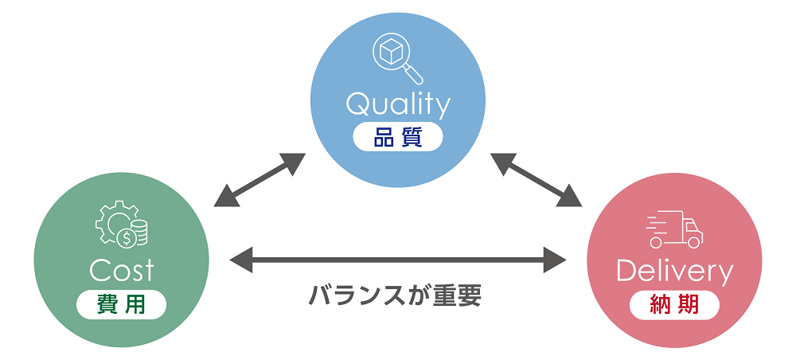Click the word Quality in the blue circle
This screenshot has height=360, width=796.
click(x=397, y=104)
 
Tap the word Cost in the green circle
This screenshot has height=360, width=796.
click(x=121, y=271)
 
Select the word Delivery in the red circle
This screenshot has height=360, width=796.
click(x=673, y=272)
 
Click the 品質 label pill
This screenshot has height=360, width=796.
click(x=397, y=137)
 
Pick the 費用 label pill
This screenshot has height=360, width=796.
click(x=122, y=304)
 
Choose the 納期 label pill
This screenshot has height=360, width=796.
click(x=674, y=305)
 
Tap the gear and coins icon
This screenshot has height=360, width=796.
click(x=121, y=225)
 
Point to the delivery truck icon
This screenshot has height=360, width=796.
click(x=674, y=229)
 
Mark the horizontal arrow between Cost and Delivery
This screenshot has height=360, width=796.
click(x=397, y=259)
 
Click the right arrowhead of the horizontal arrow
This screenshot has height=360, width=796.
click(x=555, y=259)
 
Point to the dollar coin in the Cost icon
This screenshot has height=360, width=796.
click(x=125, y=237)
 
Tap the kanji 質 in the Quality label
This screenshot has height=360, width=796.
click(x=411, y=137)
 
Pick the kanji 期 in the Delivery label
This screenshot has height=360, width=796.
click(x=688, y=305)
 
